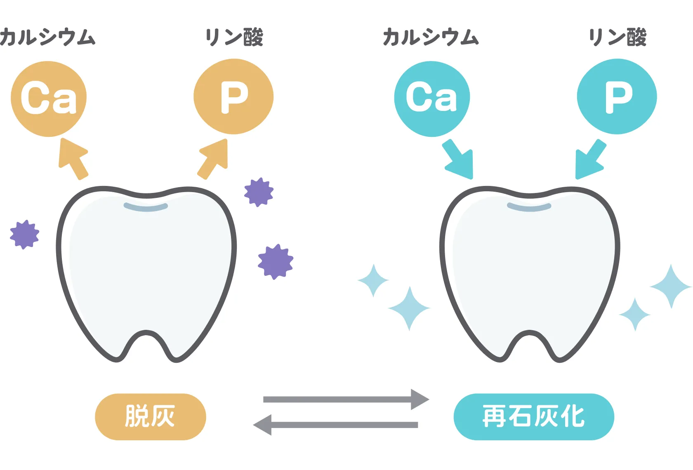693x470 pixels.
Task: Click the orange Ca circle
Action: point(49,99)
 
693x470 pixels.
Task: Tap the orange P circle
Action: point(233,96)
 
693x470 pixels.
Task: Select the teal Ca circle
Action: point(432,99)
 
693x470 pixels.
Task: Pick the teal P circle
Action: point(617,96)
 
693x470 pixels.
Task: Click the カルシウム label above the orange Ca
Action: point(47,38)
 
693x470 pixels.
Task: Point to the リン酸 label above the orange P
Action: point(234,38)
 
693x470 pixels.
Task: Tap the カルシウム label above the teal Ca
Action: point(431,38)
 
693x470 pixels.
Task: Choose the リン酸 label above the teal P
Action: point(617,38)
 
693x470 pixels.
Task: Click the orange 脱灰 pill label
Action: point(150,416)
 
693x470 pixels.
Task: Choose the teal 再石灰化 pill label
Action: point(533,416)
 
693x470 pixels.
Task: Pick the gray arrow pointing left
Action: point(336,425)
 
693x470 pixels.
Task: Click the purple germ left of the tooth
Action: point(24,234)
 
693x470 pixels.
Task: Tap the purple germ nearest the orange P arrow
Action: point(259,192)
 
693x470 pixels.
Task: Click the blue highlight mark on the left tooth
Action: point(146,207)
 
